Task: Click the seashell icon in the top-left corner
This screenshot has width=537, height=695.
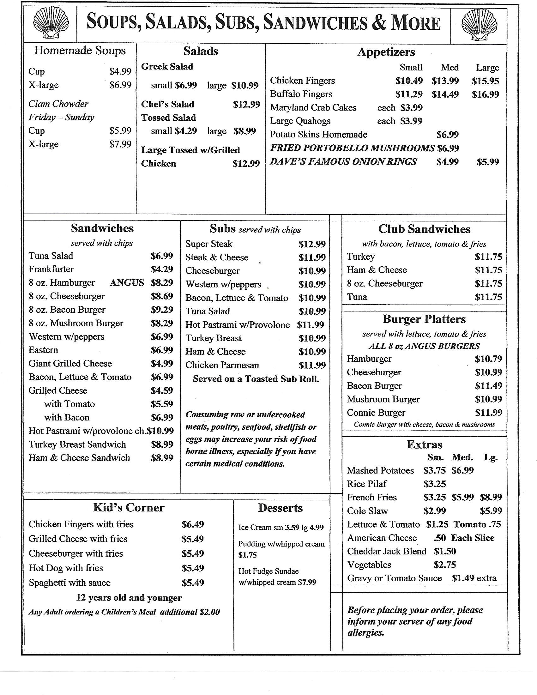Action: (x=51, y=24)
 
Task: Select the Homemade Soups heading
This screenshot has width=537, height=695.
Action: (x=80, y=51)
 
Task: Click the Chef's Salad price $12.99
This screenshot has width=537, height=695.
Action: (x=246, y=104)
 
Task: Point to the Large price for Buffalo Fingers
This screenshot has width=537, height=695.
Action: (x=485, y=94)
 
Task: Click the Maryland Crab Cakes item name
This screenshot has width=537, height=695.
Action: (x=313, y=107)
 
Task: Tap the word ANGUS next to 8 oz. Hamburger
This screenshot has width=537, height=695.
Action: (x=127, y=283)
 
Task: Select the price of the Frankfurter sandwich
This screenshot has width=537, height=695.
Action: (x=162, y=269)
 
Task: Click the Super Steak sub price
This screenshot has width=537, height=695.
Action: (x=312, y=244)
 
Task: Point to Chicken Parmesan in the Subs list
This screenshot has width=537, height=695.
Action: (x=222, y=365)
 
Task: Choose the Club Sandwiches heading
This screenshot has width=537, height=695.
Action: (x=424, y=229)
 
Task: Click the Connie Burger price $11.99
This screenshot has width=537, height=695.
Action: (x=488, y=413)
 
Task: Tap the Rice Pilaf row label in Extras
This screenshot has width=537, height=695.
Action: (x=366, y=484)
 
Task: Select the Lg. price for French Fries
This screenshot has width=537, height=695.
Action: (x=491, y=497)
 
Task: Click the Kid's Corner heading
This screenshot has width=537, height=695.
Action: (x=129, y=508)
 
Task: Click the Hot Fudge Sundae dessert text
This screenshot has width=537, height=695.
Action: (x=268, y=571)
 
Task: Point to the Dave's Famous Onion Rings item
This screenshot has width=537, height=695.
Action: (x=343, y=162)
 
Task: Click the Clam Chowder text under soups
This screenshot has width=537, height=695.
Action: (x=58, y=104)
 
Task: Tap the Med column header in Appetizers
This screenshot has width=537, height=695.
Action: (x=450, y=68)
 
